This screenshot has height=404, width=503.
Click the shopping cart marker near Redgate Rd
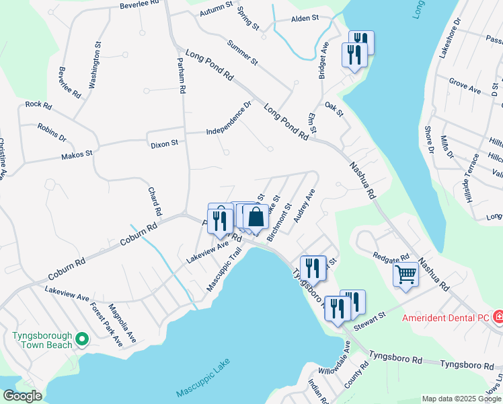406,274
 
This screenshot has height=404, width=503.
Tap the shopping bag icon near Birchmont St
256,217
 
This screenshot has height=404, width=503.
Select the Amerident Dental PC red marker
498,316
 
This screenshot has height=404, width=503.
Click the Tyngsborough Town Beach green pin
81,338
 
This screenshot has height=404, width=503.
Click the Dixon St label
164,143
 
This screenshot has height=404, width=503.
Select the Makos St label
77,155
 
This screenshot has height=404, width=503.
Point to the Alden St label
304,19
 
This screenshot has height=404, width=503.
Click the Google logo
22,396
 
